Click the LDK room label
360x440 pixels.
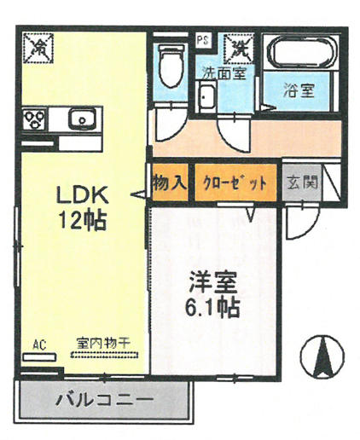point(83,195)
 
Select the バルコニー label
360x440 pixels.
point(104,400)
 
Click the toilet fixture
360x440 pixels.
point(171,66)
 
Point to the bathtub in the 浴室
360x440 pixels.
point(301,54)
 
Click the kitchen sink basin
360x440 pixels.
point(81,119)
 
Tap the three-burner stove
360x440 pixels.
point(34,119)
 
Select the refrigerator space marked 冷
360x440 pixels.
point(38,48)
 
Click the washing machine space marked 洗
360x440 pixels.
point(238,49)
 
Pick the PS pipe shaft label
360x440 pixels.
point(204,40)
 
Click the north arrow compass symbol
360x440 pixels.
point(322,356)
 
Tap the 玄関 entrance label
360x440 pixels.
point(303,182)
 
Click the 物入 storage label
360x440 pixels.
point(170,182)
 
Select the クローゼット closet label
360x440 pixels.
point(235,183)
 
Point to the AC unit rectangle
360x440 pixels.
point(39,356)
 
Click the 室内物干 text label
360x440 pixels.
point(103,343)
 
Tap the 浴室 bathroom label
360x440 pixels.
point(299,91)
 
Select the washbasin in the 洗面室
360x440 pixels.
point(206,96)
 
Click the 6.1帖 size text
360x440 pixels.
point(212,308)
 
